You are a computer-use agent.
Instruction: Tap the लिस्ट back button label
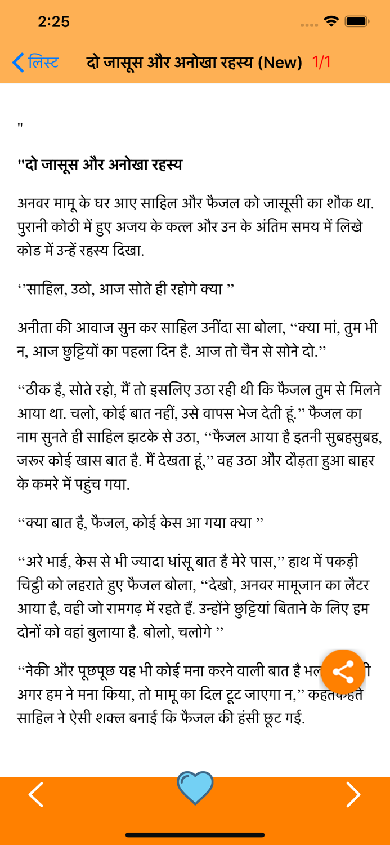click(x=43, y=62)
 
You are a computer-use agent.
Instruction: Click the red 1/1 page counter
click(x=321, y=62)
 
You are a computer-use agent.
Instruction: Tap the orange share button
click(x=343, y=671)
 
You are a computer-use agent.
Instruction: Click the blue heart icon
click(x=195, y=787)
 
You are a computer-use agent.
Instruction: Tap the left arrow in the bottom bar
click(x=36, y=794)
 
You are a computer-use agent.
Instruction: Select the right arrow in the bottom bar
click(x=353, y=794)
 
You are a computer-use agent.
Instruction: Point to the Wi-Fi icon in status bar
click(x=331, y=21)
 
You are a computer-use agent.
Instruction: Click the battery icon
click(x=357, y=21)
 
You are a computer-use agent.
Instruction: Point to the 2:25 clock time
click(x=53, y=21)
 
